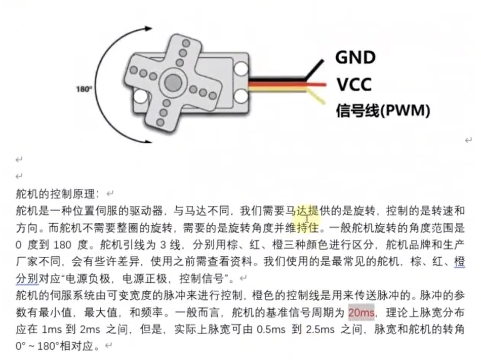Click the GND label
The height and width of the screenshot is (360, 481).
(355, 57)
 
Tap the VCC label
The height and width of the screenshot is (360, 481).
(354, 84)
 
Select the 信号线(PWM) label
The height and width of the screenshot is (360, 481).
(383, 110)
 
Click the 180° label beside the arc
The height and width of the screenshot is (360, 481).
(84, 89)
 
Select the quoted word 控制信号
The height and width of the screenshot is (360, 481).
(203, 278)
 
